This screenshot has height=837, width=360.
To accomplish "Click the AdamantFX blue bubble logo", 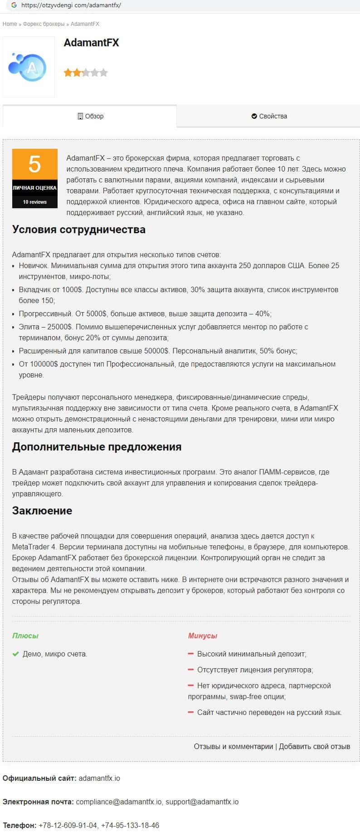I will (x=28, y=67).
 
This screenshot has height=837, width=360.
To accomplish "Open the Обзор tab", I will (x=91, y=116).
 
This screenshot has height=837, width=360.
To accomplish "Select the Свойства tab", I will (x=269, y=116).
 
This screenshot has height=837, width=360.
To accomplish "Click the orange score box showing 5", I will (x=35, y=164).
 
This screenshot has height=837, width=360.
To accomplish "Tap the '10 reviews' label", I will (x=35, y=202).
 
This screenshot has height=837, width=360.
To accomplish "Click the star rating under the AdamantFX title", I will (x=86, y=73).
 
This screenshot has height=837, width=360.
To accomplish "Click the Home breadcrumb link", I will (x=10, y=24).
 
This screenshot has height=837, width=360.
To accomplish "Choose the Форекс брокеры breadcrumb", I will (x=44, y=24).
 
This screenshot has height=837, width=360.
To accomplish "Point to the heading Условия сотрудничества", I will (x=79, y=230).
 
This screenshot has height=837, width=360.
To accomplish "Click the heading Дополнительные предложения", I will (x=97, y=447).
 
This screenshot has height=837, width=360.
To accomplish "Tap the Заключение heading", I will (x=42, y=511).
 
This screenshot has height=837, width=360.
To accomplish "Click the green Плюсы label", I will (x=25, y=636).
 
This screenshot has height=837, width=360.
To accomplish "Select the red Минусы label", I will (x=202, y=636).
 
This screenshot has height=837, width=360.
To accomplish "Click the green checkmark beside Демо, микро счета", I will (x=15, y=654).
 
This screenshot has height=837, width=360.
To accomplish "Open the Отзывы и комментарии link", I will (x=234, y=746).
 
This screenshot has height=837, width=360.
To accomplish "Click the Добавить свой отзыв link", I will (x=314, y=746).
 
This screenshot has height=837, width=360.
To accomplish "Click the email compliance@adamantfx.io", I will (x=119, y=802).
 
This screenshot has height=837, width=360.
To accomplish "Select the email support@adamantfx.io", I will (x=202, y=802).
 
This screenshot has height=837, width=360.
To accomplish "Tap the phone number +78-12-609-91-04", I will (x=68, y=825).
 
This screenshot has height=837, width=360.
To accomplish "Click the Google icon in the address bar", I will (x=14, y=5).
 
